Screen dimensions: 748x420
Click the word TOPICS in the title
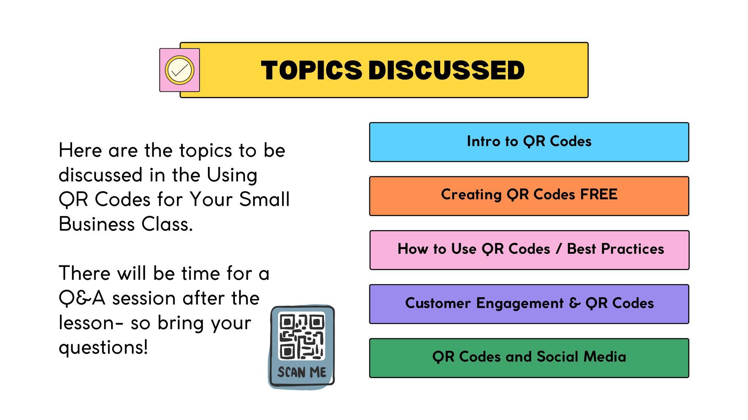pos(311,70)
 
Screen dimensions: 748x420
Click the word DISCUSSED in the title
pos(446,70)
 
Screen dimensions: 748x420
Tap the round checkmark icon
pos(180,70)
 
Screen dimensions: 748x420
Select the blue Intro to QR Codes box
pos(529,142)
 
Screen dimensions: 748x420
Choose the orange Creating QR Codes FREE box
pos(529,196)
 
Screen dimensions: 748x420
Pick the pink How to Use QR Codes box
pos(529,250)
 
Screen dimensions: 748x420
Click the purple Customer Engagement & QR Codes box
pos(529,304)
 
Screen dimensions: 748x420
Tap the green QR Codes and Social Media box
pos(529,358)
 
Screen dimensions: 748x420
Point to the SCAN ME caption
pos(302,373)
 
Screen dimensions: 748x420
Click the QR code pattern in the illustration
pos(302,336)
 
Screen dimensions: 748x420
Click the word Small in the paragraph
pos(265,199)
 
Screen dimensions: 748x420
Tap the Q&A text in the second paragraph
pos(82,299)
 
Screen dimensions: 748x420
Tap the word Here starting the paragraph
pos(80,150)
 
